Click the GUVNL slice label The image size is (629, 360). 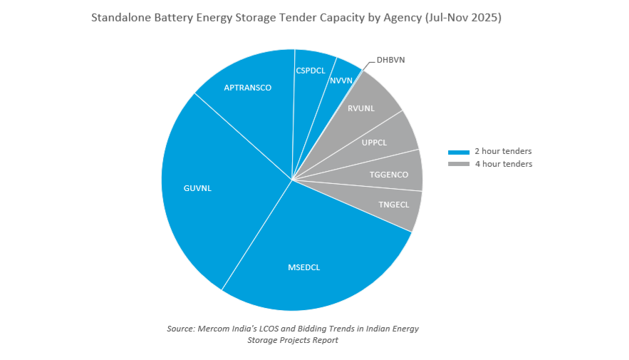197,189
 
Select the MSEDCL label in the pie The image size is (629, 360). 303,267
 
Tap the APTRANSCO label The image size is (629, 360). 248,88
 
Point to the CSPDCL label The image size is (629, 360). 311,71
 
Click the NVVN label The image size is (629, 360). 341,81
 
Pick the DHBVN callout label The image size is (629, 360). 390,60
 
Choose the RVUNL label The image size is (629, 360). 361,108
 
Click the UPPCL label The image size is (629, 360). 374,143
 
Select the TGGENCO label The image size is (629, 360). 389,175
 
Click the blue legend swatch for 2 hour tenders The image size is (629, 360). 459,152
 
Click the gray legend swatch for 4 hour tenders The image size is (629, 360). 459,165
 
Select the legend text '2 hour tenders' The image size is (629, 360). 503,151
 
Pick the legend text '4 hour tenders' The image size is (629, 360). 503,164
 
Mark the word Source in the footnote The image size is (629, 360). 181,328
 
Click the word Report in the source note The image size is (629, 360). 323,340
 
